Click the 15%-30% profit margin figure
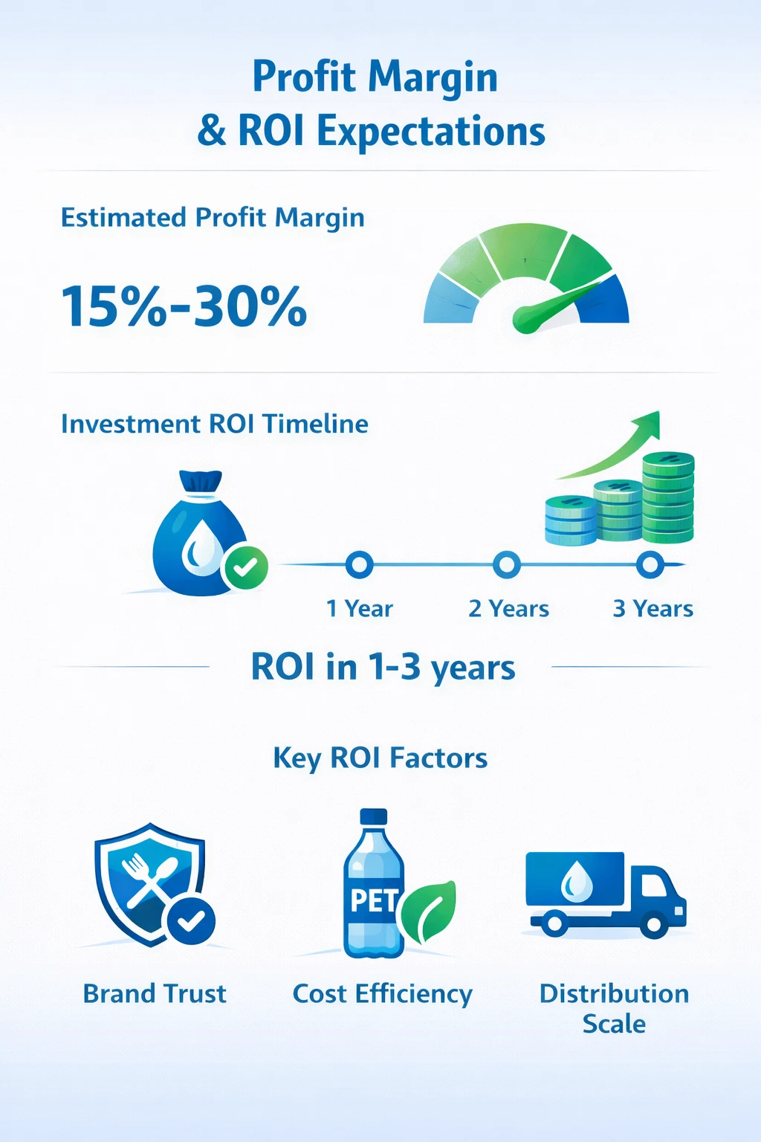[184, 306]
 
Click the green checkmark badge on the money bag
[245, 567]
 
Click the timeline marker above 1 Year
[360, 565]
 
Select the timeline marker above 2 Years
[507, 565]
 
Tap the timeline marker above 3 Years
[650, 565]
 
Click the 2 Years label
[508, 609]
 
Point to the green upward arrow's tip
[658, 412]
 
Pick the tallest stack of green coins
[667, 497]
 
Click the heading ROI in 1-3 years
[383, 668]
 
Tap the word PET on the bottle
[374, 900]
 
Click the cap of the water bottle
[374, 816]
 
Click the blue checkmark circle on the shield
[191, 920]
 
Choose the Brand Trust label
[155, 993]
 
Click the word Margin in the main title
[433, 79]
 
